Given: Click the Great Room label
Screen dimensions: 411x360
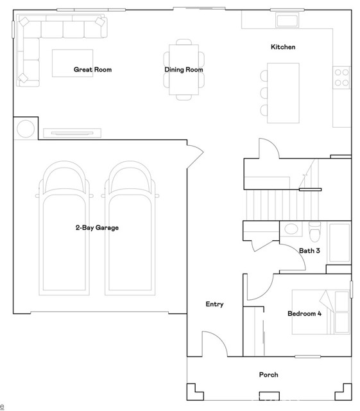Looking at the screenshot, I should point(92,69).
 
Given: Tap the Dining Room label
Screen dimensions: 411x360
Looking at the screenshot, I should point(184,69).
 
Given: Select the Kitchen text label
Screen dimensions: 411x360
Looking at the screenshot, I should point(283,48).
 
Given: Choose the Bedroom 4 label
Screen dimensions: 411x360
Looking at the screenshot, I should point(304,313).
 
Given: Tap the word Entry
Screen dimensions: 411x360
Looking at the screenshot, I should point(214,304).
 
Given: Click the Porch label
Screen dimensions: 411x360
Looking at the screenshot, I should point(268,375).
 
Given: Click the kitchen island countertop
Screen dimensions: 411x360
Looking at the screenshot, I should point(283,92).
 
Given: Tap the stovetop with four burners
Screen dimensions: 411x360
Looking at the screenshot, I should point(341,78).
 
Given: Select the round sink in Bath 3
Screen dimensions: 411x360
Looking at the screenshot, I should point(291,229).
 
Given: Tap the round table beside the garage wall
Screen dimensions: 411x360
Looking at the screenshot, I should point(26,129).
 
